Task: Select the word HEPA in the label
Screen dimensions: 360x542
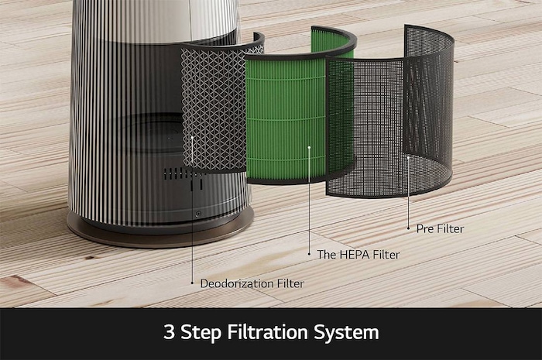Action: pyautogui.click(x=355, y=253)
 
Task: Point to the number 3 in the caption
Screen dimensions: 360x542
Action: pyautogui.click(x=168, y=333)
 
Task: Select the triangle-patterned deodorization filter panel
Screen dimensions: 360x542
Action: pyautogui.click(x=213, y=108)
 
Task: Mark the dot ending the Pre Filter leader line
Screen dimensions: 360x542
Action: pyautogui.click(x=408, y=157)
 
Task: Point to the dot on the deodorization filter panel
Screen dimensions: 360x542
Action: pyautogui.click(x=193, y=138)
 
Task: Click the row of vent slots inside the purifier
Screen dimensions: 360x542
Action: pyautogui.click(x=177, y=172)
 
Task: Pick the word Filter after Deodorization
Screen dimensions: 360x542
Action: pyautogui.click(x=288, y=283)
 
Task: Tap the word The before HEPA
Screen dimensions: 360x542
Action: pyautogui.click(x=326, y=253)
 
